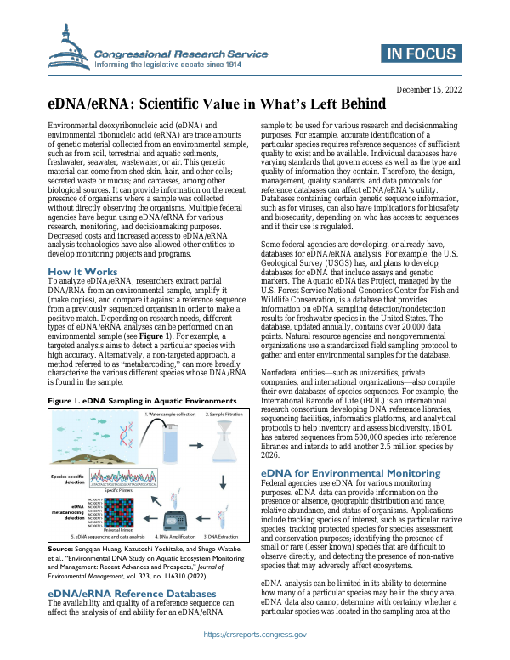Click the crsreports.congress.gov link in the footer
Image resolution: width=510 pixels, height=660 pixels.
point(255,635)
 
